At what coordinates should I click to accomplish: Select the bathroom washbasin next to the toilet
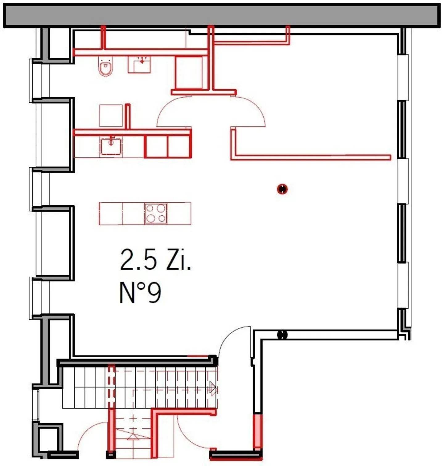(139, 64)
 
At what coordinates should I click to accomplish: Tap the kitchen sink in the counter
(111, 146)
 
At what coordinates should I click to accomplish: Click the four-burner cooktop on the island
(156, 213)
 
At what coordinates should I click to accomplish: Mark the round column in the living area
(282, 189)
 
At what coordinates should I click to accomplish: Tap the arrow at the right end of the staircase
(212, 388)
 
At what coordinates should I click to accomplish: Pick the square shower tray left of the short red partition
(111, 116)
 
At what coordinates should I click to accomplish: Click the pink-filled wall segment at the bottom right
(257, 431)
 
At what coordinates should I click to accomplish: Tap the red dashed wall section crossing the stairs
(111, 386)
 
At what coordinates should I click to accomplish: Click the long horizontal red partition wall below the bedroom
(311, 157)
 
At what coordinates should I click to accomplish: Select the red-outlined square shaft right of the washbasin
(189, 73)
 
